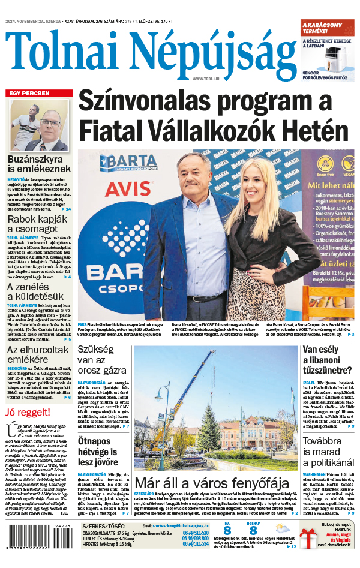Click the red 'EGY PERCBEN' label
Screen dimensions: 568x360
(29, 93)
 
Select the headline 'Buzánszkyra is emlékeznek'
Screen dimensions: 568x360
(39, 165)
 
